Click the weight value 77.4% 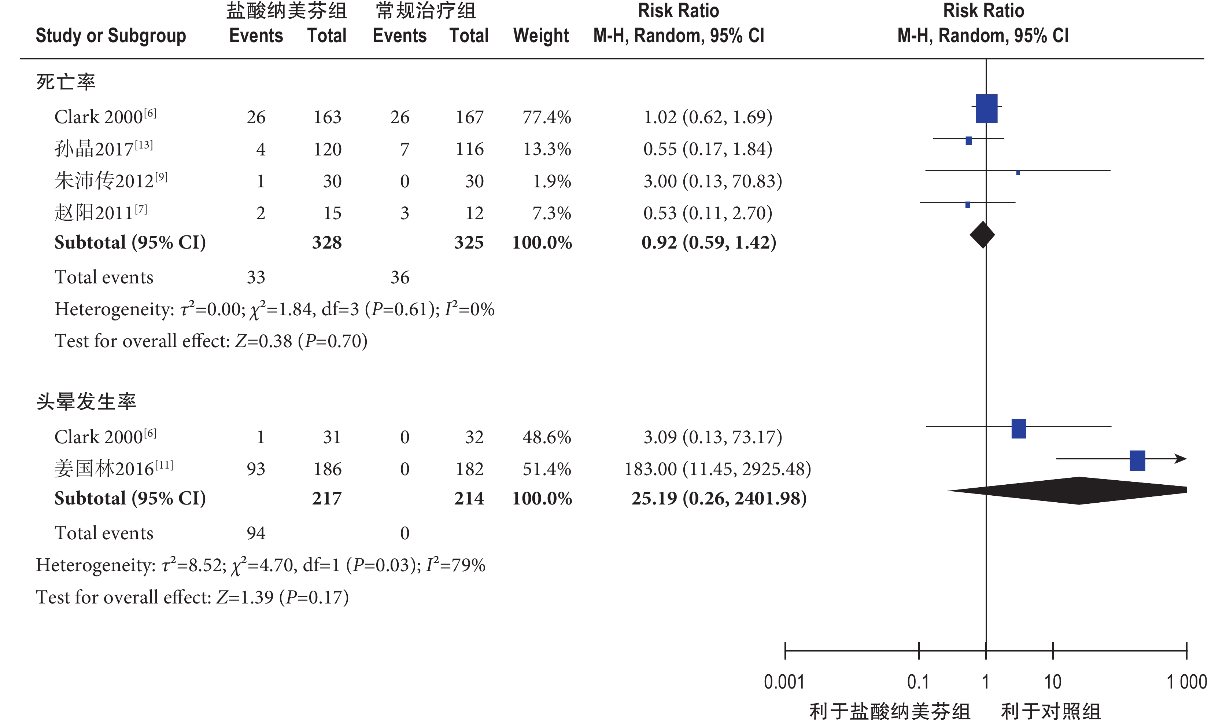(x=546, y=117)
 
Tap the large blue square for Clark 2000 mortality (x=986, y=109)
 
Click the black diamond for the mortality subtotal (x=982, y=235)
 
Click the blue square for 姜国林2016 (x=1137, y=460)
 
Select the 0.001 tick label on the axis (x=784, y=682)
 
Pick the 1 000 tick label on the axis (x=1186, y=682)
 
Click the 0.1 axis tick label (x=918, y=682)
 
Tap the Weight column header (x=541, y=36)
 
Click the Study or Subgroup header (x=111, y=36)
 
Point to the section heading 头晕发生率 (x=86, y=402)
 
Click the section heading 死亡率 (x=66, y=82)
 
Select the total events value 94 (x=256, y=533)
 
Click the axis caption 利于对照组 (x=1051, y=712)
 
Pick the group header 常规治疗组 (x=425, y=11)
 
